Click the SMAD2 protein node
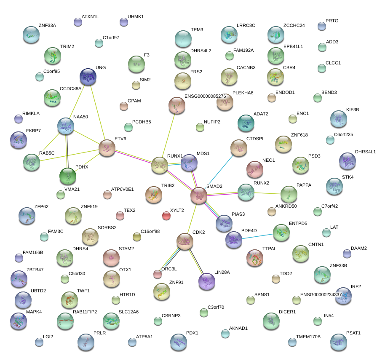199,195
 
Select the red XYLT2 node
166,216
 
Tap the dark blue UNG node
88,77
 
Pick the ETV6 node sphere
107,148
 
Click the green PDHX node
68,176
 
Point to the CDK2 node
184,241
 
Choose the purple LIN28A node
207,281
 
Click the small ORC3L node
158,274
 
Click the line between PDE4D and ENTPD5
257,236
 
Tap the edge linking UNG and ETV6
98,112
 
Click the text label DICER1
287,312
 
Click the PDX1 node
178,342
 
